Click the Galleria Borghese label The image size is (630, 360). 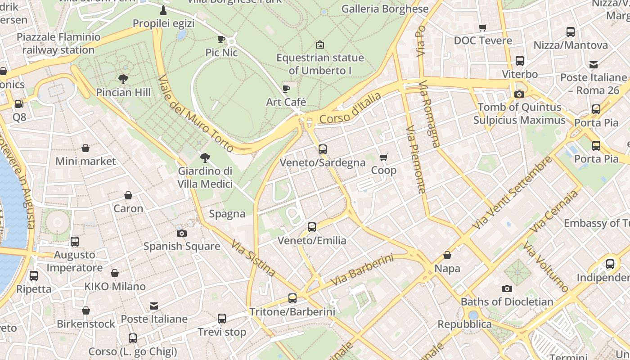point(385,9)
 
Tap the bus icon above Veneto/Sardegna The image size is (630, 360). point(323,149)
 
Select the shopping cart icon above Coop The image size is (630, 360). point(383,157)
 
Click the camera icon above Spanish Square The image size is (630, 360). point(182,233)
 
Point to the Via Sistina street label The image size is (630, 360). point(253,258)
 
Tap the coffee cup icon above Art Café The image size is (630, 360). point(286,89)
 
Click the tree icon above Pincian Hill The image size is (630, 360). point(123,79)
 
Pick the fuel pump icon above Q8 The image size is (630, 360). point(19,104)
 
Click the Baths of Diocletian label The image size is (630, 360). point(507,301)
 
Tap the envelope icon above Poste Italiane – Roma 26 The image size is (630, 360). point(594,64)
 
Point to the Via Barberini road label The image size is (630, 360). point(362,270)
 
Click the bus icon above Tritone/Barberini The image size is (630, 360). point(292,298)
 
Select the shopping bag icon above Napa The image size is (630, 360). point(447,255)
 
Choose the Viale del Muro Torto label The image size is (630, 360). point(196,113)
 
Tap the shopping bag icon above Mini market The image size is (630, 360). point(85,148)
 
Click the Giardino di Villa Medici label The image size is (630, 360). point(205,177)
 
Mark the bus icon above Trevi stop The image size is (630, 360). point(222,319)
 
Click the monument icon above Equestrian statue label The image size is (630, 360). point(320,44)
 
